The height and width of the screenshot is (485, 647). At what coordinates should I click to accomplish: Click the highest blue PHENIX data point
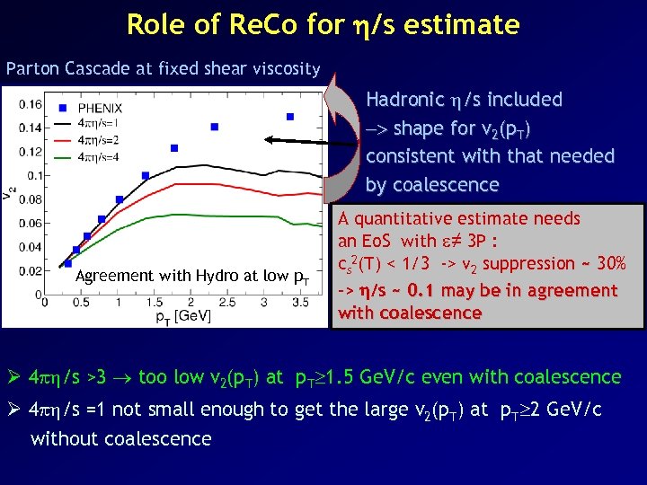(x=290, y=116)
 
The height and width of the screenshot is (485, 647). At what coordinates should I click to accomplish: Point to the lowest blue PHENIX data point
(x=67, y=264)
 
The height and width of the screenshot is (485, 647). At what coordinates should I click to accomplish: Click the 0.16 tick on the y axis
(x=30, y=104)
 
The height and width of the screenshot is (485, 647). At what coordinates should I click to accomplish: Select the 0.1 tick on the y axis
(x=33, y=175)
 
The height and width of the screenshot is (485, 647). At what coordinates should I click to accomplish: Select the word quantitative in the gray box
(x=408, y=218)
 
